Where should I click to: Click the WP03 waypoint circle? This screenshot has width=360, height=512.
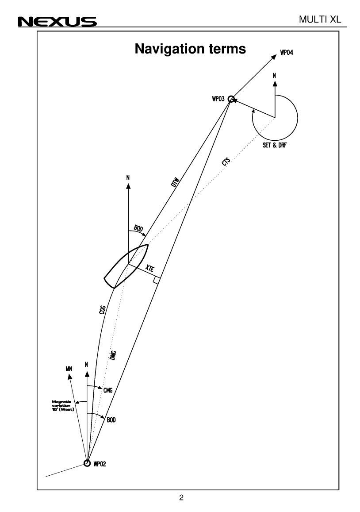pos(230,100)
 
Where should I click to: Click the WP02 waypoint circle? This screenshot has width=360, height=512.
pos(87,463)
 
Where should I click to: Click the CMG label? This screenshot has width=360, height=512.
pos(108,390)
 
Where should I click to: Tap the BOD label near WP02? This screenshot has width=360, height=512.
pos(111,419)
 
